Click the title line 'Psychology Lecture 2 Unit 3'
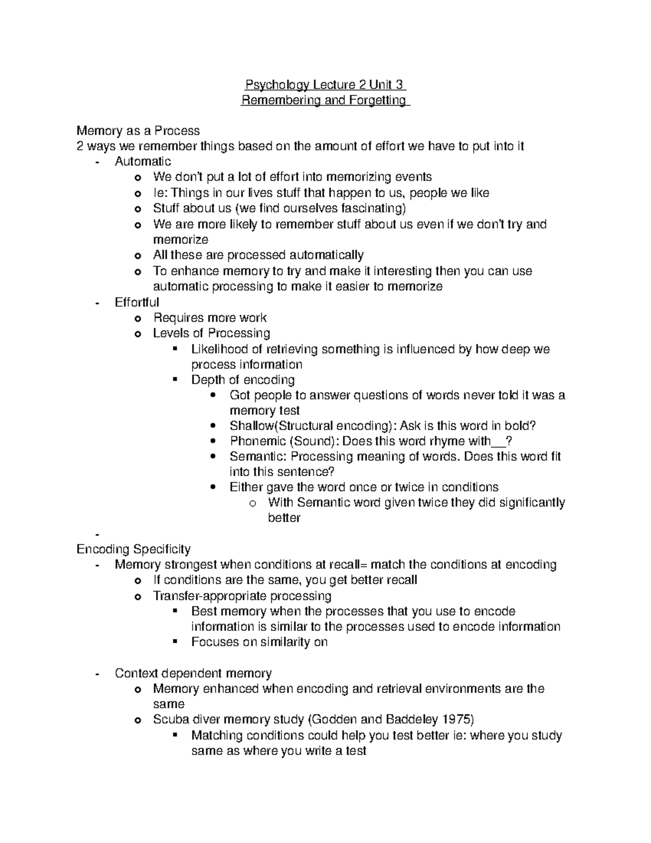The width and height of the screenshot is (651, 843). tap(325, 85)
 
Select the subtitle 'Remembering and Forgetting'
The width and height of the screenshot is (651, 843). tap(325, 100)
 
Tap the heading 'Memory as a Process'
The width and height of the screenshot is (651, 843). tap(138, 131)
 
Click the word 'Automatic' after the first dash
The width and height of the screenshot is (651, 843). tap(143, 161)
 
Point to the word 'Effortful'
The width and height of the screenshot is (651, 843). tap(137, 302)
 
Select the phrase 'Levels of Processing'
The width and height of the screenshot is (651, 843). tap(211, 333)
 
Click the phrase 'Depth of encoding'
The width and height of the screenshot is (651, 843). tap(242, 380)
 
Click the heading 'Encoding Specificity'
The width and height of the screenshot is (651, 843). tap(133, 549)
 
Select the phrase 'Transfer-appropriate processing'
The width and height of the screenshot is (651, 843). tap(242, 596)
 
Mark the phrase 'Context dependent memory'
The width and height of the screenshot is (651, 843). tap(193, 674)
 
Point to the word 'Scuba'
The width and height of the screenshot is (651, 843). tap(169, 720)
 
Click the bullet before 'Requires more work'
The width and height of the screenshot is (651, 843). tap(138, 319)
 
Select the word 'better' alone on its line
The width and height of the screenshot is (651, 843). tap(284, 518)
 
